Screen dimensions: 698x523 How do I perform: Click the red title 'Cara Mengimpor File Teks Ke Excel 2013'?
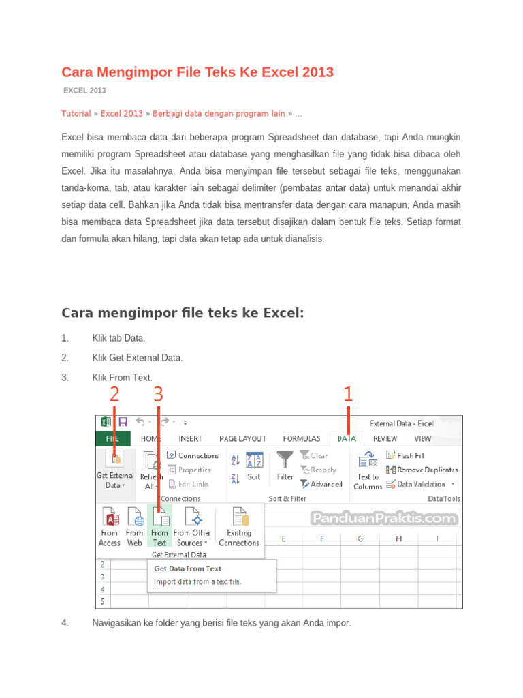point(197,72)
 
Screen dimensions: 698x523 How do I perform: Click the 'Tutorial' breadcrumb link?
point(76,113)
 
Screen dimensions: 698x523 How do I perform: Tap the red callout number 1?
point(348,395)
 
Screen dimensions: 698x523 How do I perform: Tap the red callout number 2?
point(114,395)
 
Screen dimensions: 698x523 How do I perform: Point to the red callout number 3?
point(158,395)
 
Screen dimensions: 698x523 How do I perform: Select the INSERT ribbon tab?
point(190,438)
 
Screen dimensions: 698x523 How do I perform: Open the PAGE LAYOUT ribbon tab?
point(242,438)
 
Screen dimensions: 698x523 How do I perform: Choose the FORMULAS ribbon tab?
point(302,438)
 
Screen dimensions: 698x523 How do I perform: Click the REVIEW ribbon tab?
point(385,438)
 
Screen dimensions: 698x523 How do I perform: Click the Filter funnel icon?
point(285,461)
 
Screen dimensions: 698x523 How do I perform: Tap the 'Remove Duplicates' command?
point(422,470)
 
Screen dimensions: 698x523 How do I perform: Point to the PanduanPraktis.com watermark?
point(383,519)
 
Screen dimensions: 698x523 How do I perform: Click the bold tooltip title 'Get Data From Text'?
point(187,568)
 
